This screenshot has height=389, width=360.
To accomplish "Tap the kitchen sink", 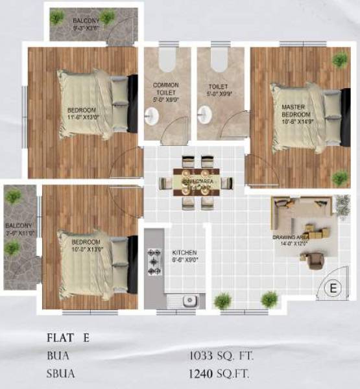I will [189, 300].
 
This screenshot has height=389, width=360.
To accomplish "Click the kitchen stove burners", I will [155, 262].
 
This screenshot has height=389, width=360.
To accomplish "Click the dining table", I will [197, 182].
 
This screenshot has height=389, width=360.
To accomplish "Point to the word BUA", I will [57, 355].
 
